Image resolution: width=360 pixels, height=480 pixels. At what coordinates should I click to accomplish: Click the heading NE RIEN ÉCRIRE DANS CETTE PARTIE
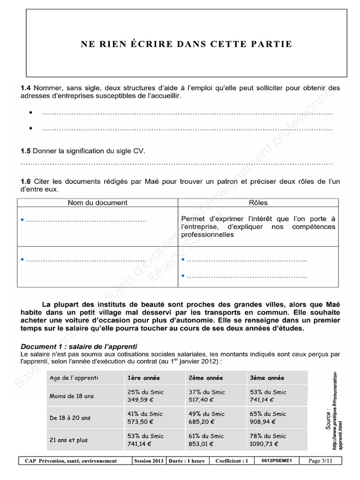(187, 44)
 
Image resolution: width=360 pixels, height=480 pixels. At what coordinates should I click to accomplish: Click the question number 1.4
(25, 88)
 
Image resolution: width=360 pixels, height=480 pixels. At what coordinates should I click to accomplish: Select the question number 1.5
(25, 151)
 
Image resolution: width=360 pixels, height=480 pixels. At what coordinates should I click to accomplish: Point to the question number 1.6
(25, 181)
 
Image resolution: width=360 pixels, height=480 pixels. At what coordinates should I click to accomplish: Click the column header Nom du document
(97, 202)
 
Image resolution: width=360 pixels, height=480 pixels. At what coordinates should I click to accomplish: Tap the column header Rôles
(258, 202)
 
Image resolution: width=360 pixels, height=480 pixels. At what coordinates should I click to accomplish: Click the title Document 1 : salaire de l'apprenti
(79, 346)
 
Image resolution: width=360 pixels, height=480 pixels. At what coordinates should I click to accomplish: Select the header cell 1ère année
(143, 378)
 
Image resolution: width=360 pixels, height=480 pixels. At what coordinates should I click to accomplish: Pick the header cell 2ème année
(206, 378)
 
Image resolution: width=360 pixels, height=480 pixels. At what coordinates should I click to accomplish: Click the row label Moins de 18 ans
(72, 396)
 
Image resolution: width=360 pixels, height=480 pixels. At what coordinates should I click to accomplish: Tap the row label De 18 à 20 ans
(71, 418)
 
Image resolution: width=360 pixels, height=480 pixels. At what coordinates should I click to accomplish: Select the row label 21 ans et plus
(68, 440)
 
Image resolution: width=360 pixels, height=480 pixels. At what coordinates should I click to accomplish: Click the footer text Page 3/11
(321, 461)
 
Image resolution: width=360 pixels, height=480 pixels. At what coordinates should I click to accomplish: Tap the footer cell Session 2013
(149, 461)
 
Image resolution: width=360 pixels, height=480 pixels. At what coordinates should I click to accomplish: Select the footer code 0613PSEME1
(277, 461)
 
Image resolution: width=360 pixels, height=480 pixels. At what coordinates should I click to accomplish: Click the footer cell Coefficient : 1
(232, 461)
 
